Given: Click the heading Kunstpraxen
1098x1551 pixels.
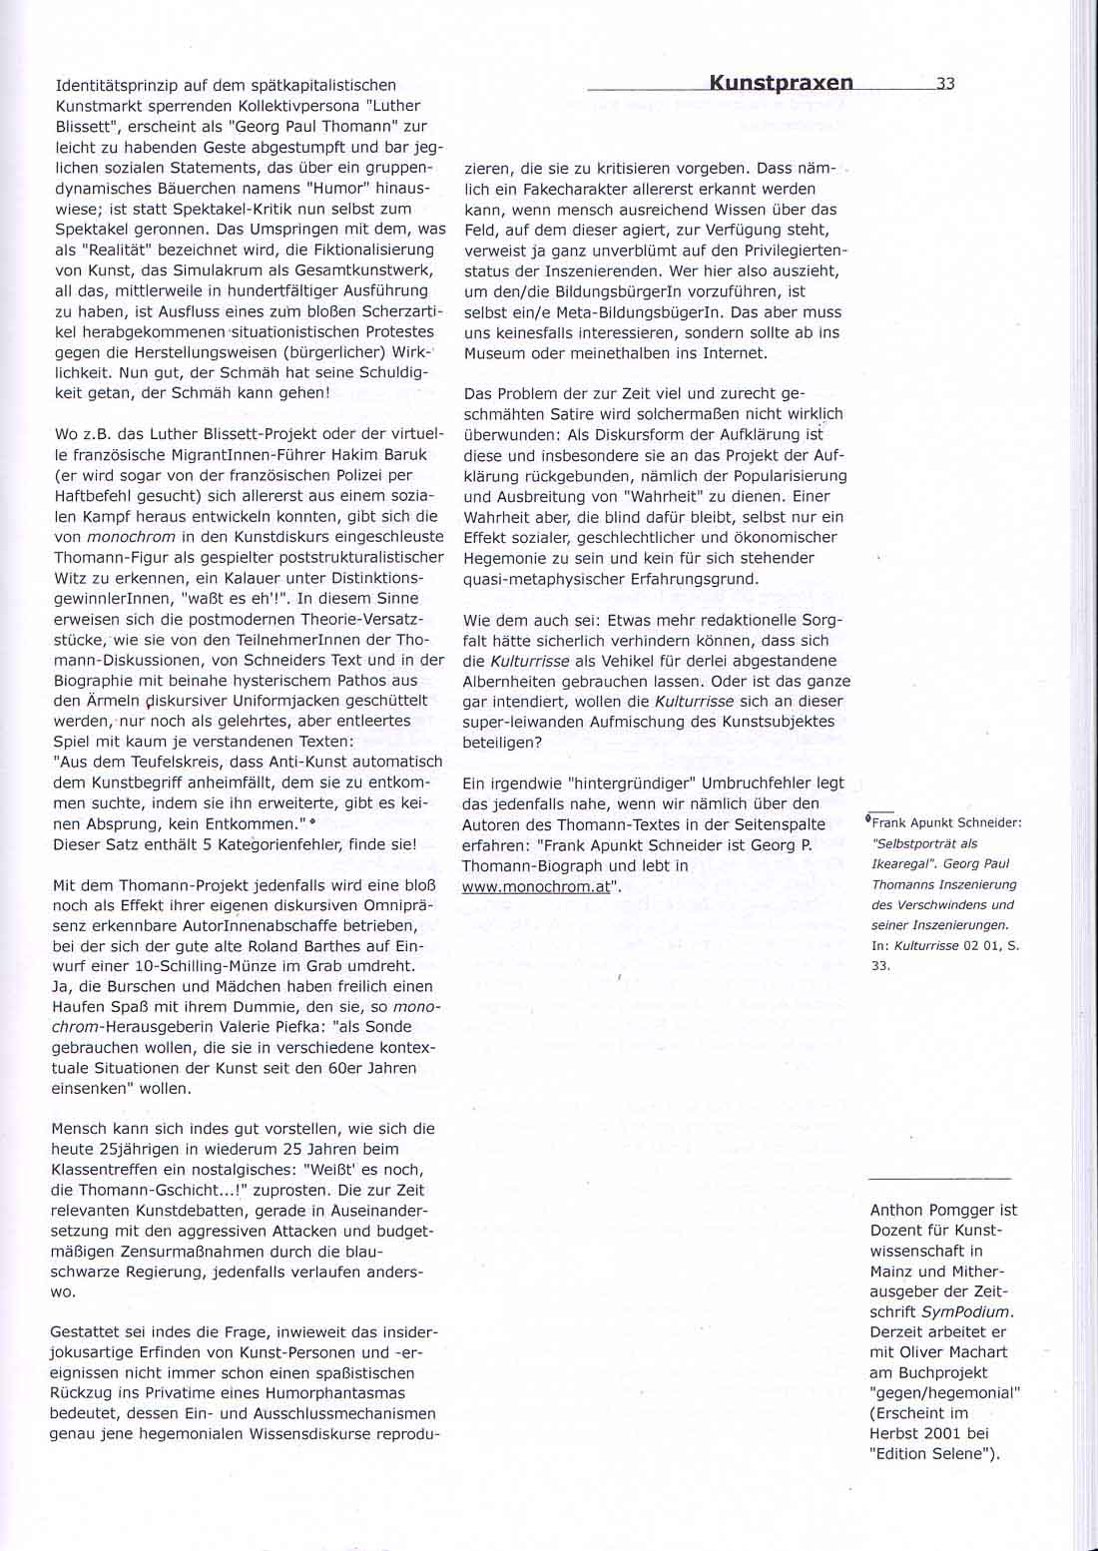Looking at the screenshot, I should pos(782,83).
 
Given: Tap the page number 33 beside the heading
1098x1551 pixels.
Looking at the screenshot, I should pos(946,84).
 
